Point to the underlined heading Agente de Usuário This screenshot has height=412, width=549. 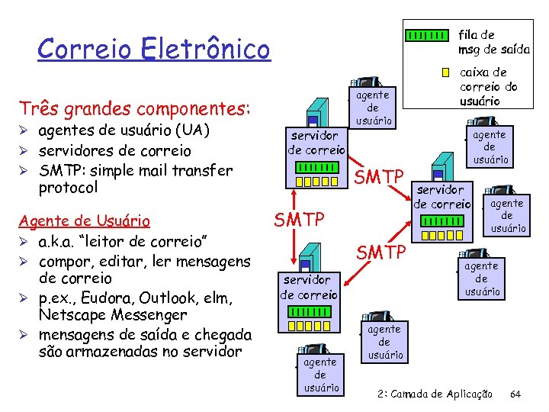pyautogui.click(x=84, y=222)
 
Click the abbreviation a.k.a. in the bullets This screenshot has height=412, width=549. pyautogui.click(x=62, y=242)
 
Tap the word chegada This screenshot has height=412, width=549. pyautogui.click(x=218, y=333)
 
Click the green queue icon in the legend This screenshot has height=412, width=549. pyautogui.click(x=426, y=36)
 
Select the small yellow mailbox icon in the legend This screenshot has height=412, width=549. pyautogui.click(x=445, y=73)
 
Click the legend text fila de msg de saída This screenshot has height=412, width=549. pyautogui.click(x=493, y=42)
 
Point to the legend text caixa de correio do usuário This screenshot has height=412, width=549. pyautogui.click(x=489, y=86)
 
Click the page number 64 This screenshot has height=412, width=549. pyautogui.click(x=515, y=394)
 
